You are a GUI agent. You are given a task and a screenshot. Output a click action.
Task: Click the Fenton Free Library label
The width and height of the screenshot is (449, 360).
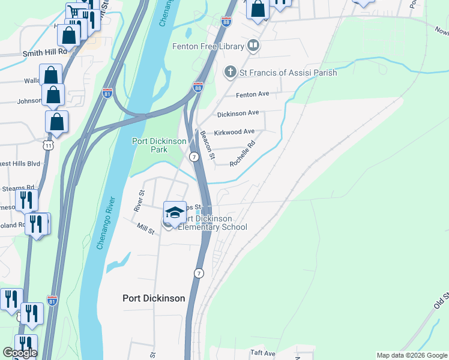pyautogui.click(x=208, y=46)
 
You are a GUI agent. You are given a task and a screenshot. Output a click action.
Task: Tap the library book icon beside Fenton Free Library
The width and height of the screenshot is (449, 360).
pyautogui.click(x=254, y=46)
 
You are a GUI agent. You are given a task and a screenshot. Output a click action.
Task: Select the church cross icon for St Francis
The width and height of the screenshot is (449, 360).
pyautogui.click(x=229, y=73)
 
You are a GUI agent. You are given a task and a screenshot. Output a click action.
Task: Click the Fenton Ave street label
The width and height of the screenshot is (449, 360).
pyautogui.click(x=252, y=94)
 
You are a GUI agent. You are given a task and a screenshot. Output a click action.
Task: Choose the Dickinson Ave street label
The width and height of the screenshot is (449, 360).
pyautogui.click(x=238, y=113)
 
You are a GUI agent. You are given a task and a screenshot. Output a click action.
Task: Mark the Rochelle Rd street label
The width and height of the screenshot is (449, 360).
pyautogui.click(x=243, y=154)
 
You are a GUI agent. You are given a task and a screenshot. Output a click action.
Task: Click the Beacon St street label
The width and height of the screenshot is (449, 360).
pyautogui.click(x=208, y=145)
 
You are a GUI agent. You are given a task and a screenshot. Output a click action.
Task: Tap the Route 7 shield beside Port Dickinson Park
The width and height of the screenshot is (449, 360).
pyautogui.click(x=194, y=157)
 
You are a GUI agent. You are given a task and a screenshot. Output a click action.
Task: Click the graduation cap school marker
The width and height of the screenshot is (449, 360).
pyautogui.click(x=175, y=213)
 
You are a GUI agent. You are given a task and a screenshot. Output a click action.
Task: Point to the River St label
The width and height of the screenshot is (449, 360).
pyautogui.click(x=140, y=201)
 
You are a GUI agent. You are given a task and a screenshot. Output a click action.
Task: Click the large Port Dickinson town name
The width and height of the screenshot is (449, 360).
pyautogui.click(x=154, y=298)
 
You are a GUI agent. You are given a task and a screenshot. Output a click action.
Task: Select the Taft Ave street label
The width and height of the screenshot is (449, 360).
pyautogui.click(x=262, y=353)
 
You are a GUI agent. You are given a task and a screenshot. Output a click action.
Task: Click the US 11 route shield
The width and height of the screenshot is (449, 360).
pyautogui.click(x=49, y=145)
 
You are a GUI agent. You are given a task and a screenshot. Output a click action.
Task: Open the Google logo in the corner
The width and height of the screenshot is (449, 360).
pyautogui.click(x=19, y=353)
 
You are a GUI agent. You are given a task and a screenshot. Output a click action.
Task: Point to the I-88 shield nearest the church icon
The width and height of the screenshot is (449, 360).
pyautogui.click(x=198, y=88)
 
